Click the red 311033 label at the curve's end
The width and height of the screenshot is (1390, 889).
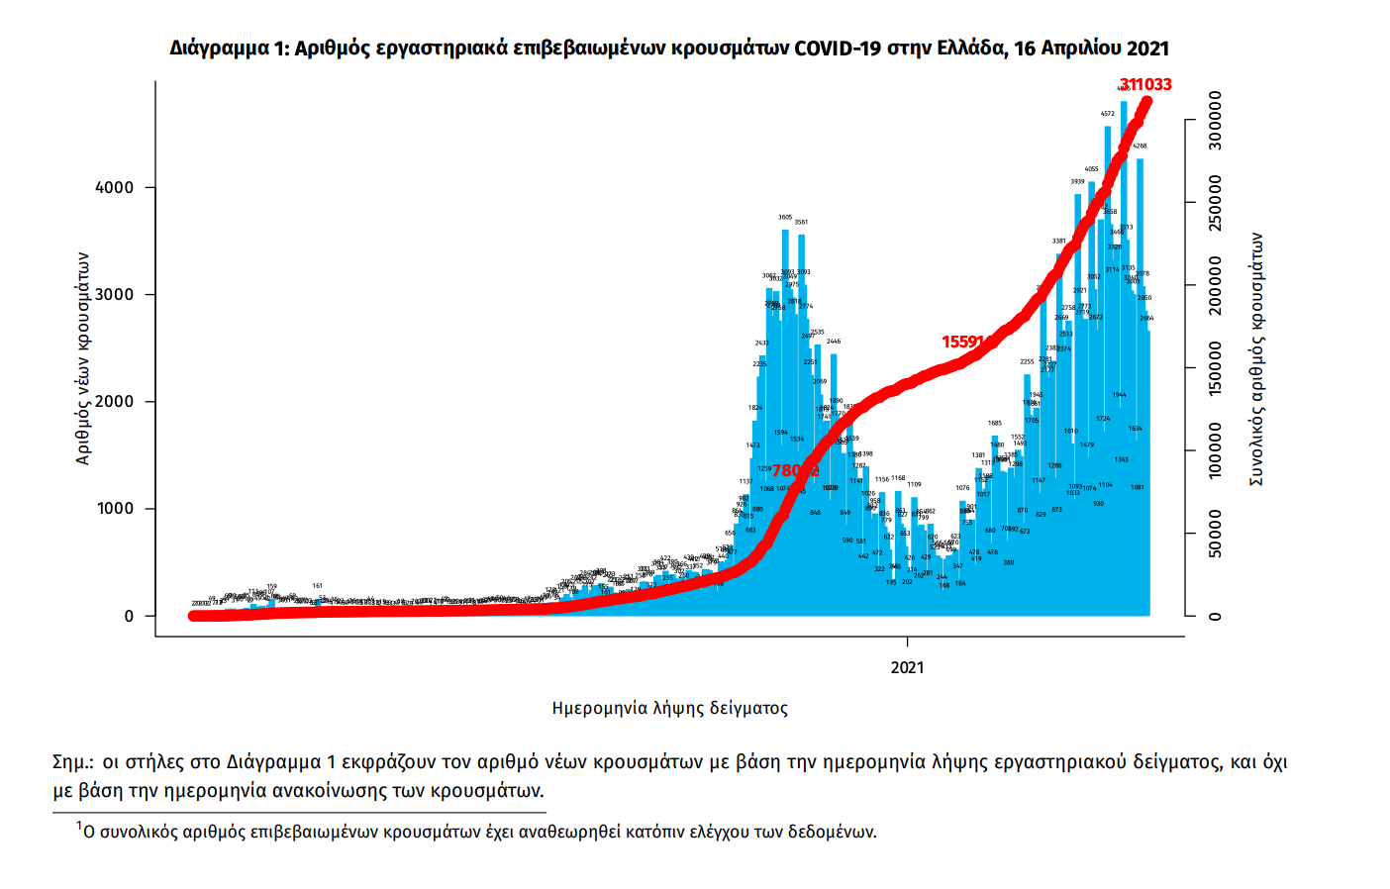click(x=1145, y=85)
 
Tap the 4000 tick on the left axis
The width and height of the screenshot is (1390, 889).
click(x=115, y=187)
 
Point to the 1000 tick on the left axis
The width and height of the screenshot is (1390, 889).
click(x=115, y=508)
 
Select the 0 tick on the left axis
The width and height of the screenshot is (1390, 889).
click(x=129, y=616)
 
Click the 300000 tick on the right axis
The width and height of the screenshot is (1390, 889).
click(x=1216, y=121)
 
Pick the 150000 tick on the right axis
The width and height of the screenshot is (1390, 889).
click(x=1216, y=369)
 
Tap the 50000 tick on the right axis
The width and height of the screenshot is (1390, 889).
click(x=1216, y=535)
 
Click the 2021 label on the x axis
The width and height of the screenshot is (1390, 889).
click(x=907, y=667)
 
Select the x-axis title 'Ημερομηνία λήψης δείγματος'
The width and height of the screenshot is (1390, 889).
click(x=670, y=708)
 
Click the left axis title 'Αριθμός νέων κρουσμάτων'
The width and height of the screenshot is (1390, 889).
click(x=83, y=358)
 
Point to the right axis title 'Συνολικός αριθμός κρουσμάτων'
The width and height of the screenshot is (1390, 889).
click(x=1257, y=358)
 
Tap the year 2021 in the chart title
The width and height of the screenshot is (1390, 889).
click(x=1146, y=49)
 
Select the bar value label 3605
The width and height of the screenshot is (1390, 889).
click(x=785, y=217)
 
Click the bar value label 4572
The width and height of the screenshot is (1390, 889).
click(x=1108, y=114)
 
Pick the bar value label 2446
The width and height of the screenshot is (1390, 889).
click(x=834, y=342)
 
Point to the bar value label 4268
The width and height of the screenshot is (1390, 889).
click(x=1140, y=146)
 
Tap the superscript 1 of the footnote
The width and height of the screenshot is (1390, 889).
click(x=79, y=825)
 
